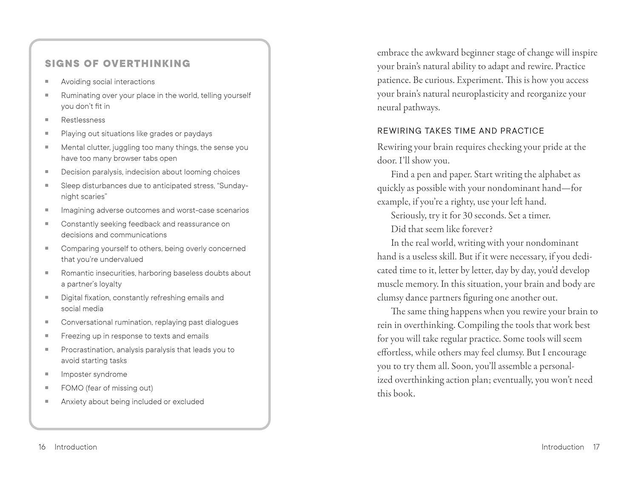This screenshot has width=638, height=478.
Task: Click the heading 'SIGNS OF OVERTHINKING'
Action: [117, 64]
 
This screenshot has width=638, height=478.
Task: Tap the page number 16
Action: [42, 447]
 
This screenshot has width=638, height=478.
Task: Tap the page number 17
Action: [596, 447]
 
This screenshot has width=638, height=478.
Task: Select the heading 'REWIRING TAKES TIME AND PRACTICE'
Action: [461, 131]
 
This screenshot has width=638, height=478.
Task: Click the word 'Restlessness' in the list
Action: [83, 120]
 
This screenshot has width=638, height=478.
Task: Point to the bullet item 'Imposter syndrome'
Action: [94, 374]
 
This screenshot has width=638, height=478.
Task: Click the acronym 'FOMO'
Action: [72, 388]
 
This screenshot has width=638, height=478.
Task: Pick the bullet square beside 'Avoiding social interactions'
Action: [47, 82]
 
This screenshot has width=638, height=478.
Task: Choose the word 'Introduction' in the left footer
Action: [76, 447]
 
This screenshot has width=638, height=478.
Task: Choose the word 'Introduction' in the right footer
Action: [563, 447]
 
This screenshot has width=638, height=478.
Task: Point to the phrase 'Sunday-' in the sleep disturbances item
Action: [233, 185]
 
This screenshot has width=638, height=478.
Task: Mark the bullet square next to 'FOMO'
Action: [47, 388]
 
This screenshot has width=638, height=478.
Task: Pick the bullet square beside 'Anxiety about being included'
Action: [47, 401]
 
